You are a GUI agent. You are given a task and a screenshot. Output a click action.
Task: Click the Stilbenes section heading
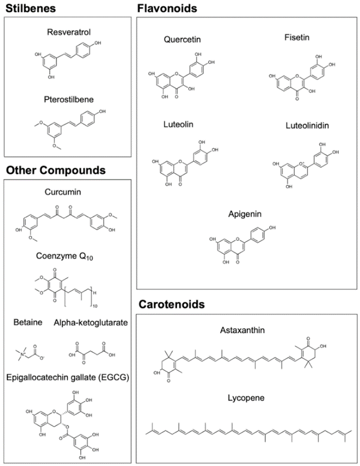pos(30,9)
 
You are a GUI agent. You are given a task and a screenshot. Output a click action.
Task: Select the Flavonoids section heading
pos(167,9)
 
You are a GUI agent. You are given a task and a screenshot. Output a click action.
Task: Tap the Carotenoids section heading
pos(171,304)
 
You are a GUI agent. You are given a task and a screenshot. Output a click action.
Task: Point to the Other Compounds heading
pos(56,170)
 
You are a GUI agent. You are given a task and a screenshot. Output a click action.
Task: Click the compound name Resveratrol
pos(69,32)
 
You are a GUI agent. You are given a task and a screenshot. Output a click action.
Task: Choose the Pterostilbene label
pos(69,99)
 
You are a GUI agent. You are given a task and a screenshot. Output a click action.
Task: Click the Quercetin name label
pos(182,40)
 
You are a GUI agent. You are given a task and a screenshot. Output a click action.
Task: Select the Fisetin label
pos(296,37)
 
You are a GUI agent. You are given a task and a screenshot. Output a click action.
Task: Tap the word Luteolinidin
pos(307,125)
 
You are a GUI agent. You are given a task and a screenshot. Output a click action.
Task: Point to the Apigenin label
pos(245,214)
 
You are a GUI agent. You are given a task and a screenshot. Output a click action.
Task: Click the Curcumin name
pos(62,192)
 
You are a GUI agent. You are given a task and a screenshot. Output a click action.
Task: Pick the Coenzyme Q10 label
pos(65,256)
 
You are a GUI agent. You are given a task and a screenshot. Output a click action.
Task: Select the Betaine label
pos(28,322)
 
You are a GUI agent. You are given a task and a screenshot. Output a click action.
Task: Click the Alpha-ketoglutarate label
pos(91,323)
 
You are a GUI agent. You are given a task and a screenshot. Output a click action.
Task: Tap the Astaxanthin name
pos(242,330)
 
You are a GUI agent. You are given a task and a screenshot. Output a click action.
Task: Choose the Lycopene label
pos(246,398)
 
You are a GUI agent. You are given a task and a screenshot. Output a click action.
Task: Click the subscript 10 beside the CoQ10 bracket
pos(95,306)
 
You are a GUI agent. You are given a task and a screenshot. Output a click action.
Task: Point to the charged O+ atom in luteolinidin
pos(302,164)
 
